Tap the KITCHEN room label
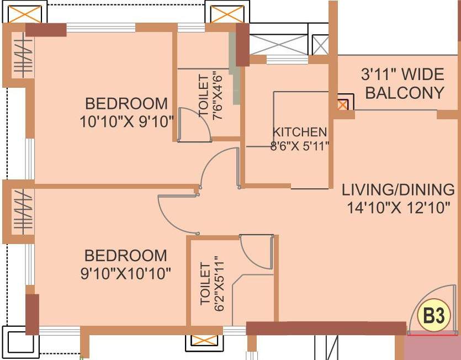(300, 133)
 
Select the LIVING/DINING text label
(398, 190)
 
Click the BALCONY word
(405, 92)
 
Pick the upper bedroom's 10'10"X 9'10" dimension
(126, 120)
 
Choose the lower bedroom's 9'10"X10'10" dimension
(126, 273)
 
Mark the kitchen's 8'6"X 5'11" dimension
(300, 146)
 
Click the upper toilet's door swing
(195, 125)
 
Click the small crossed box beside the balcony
(343, 104)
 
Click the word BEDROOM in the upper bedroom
(126, 103)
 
